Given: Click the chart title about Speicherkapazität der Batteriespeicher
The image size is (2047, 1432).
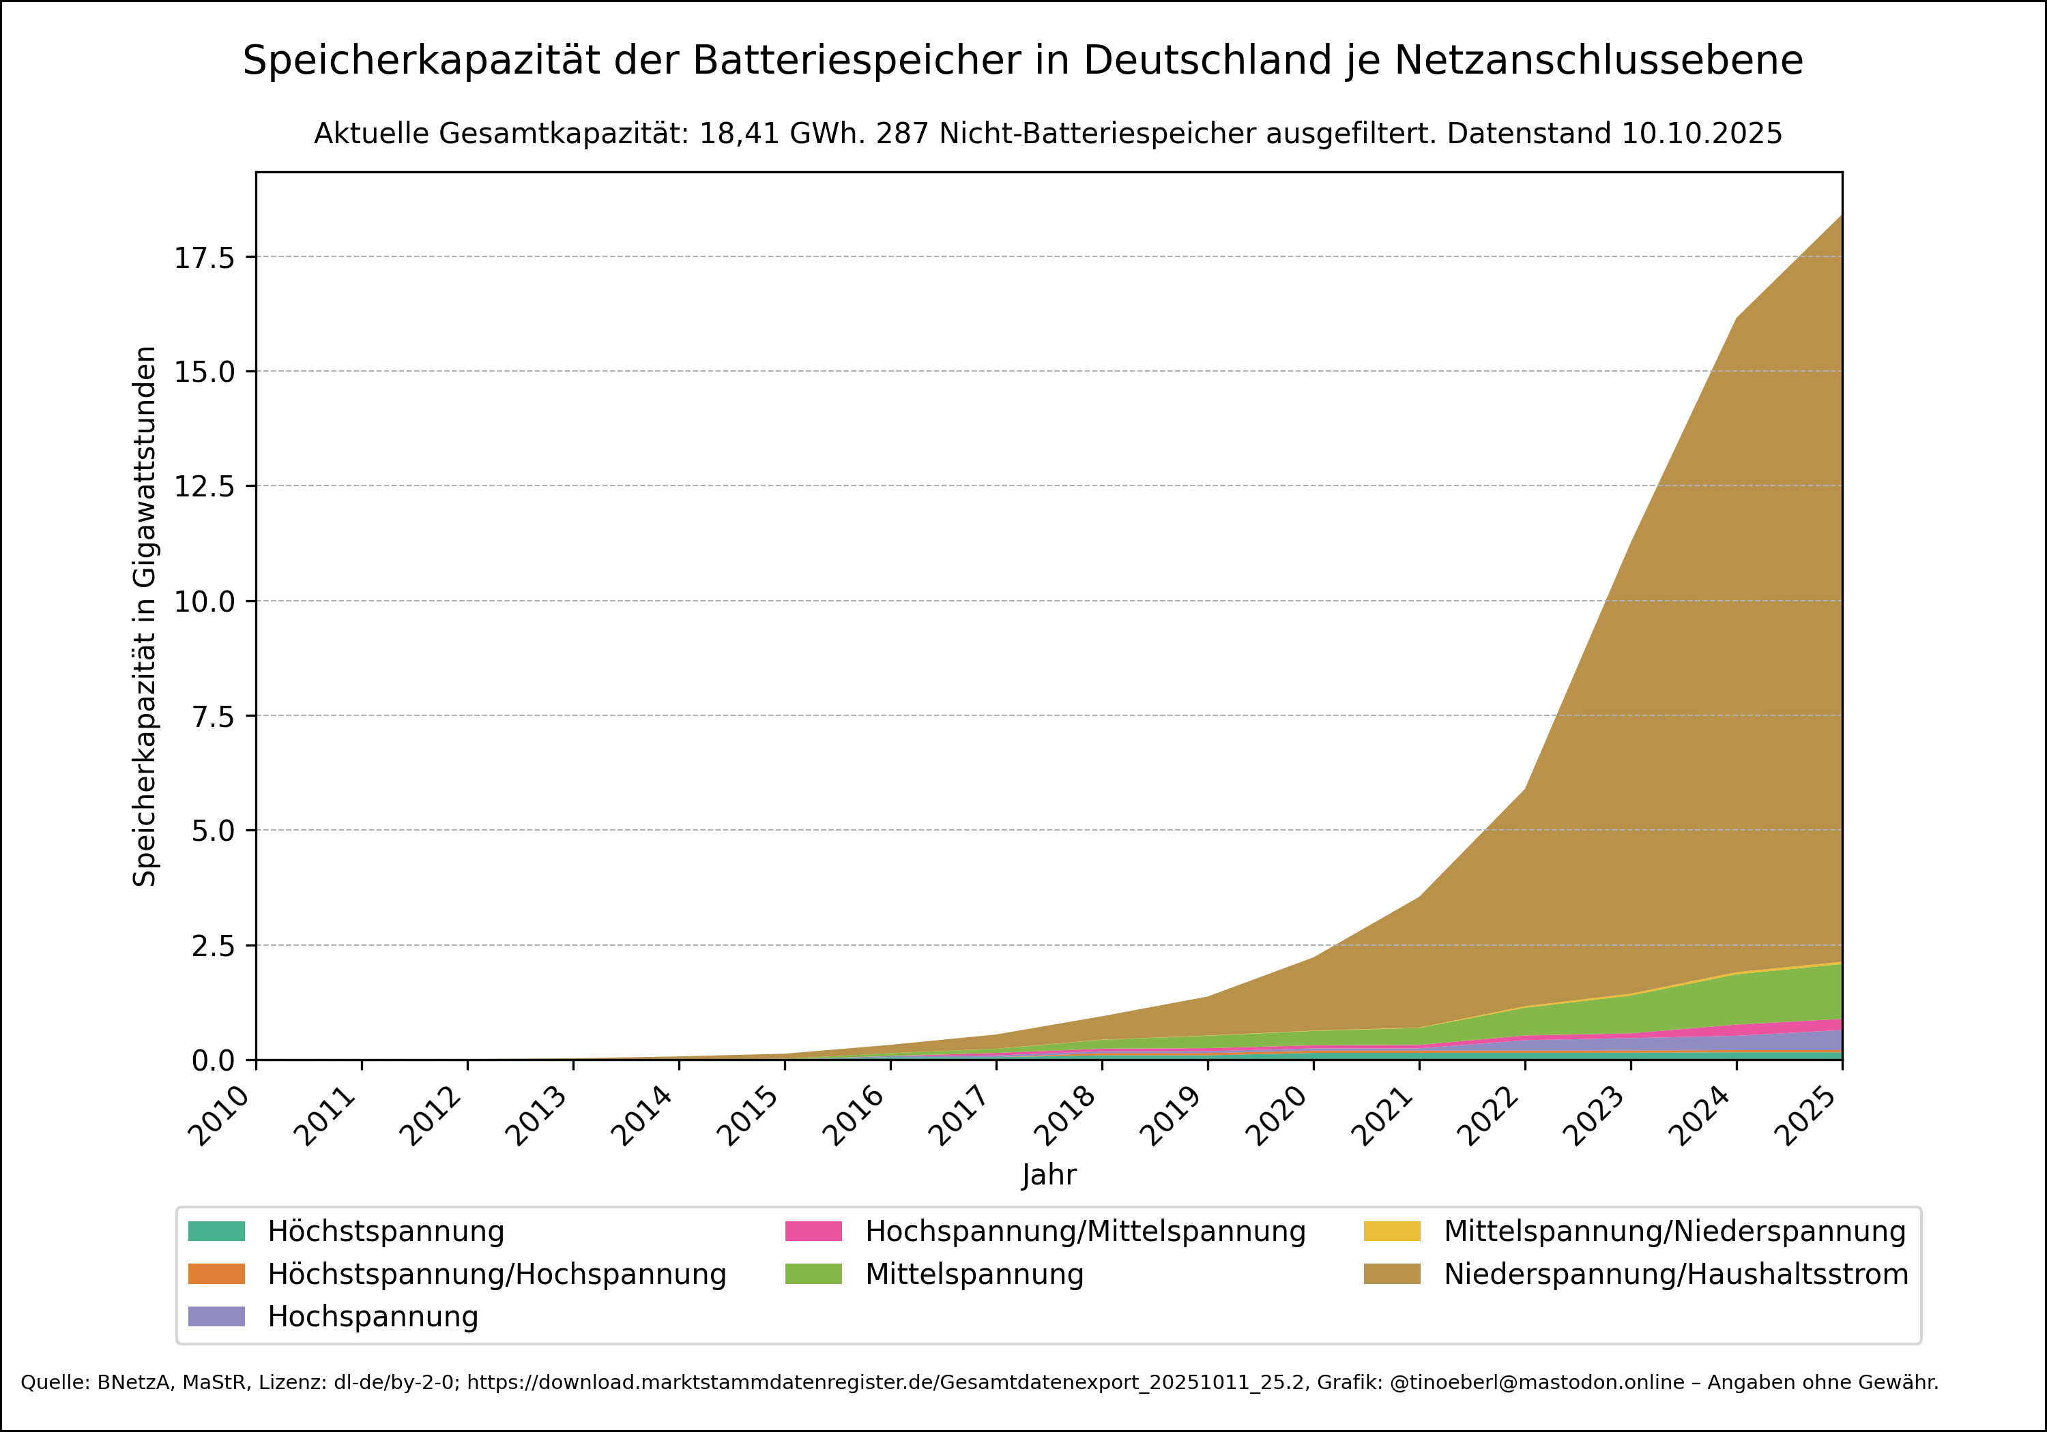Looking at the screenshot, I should [x=1023, y=61].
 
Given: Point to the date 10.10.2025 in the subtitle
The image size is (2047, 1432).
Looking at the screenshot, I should [x=1701, y=134].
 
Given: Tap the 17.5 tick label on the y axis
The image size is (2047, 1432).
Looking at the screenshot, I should [x=204, y=258].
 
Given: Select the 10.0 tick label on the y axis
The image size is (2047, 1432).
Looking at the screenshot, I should [x=204, y=601].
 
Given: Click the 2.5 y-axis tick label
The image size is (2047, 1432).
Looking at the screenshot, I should [x=213, y=945].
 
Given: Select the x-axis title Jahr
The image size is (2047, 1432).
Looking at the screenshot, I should [x=1049, y=1174].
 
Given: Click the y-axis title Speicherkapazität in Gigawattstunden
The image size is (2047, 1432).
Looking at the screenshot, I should [x=145, y=616].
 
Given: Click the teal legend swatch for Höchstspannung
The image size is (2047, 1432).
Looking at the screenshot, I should [x=217, y=1232].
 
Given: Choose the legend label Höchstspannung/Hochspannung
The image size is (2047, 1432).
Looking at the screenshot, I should [x=497, y=1274].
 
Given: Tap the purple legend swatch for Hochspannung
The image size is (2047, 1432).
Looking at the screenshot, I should [x=217, y=1316].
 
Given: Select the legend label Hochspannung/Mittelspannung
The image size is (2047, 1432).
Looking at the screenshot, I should [x=1085, y=1232].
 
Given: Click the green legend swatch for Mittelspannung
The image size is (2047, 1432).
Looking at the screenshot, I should [x=813, y=1274].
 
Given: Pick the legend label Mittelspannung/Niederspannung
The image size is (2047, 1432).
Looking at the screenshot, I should [x=1674, y=1232].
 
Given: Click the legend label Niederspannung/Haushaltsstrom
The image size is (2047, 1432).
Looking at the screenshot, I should [x=1676, y=1274].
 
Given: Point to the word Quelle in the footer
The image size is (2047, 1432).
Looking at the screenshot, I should [x=53, y=1382].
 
